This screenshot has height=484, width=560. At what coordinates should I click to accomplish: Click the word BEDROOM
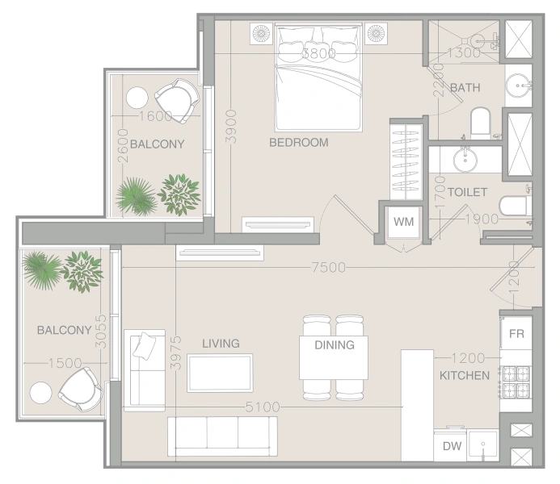pyautogui.click(x=298, y=143)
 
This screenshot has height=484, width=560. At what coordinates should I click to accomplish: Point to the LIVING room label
pyautogui.click(x=221, y=344)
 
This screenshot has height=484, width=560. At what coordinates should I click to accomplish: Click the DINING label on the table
pyautogui.click(x=335, y=345)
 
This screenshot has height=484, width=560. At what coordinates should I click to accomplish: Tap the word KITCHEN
pyautogui.click(x=464, y=376)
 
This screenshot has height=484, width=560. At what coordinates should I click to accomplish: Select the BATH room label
pyautogui.click(x=465, y=87)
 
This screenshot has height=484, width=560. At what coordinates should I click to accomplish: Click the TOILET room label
pyautogui.click(x=467, y=192)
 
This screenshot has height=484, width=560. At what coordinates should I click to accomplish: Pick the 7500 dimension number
pyautogui.click(x=328, y=268)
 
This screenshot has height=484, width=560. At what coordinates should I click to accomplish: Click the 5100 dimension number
pyautogui.click(x=263, y=407)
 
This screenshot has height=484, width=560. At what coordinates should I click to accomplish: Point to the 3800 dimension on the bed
pyautogui.click(x=318, y=54)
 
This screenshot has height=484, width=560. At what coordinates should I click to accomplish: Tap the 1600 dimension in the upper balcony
pyautogui.click(x=155, y=116)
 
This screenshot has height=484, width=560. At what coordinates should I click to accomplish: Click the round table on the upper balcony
pyautogui.click(x=137, y=98)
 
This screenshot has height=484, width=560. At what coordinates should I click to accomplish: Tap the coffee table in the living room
pyautogui.click(x=220, y=373)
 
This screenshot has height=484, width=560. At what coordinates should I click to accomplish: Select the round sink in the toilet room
pyautogui.click(x=466, y=161)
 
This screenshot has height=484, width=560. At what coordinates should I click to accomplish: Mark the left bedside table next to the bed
pyautogui.click(x=262, y=33)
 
